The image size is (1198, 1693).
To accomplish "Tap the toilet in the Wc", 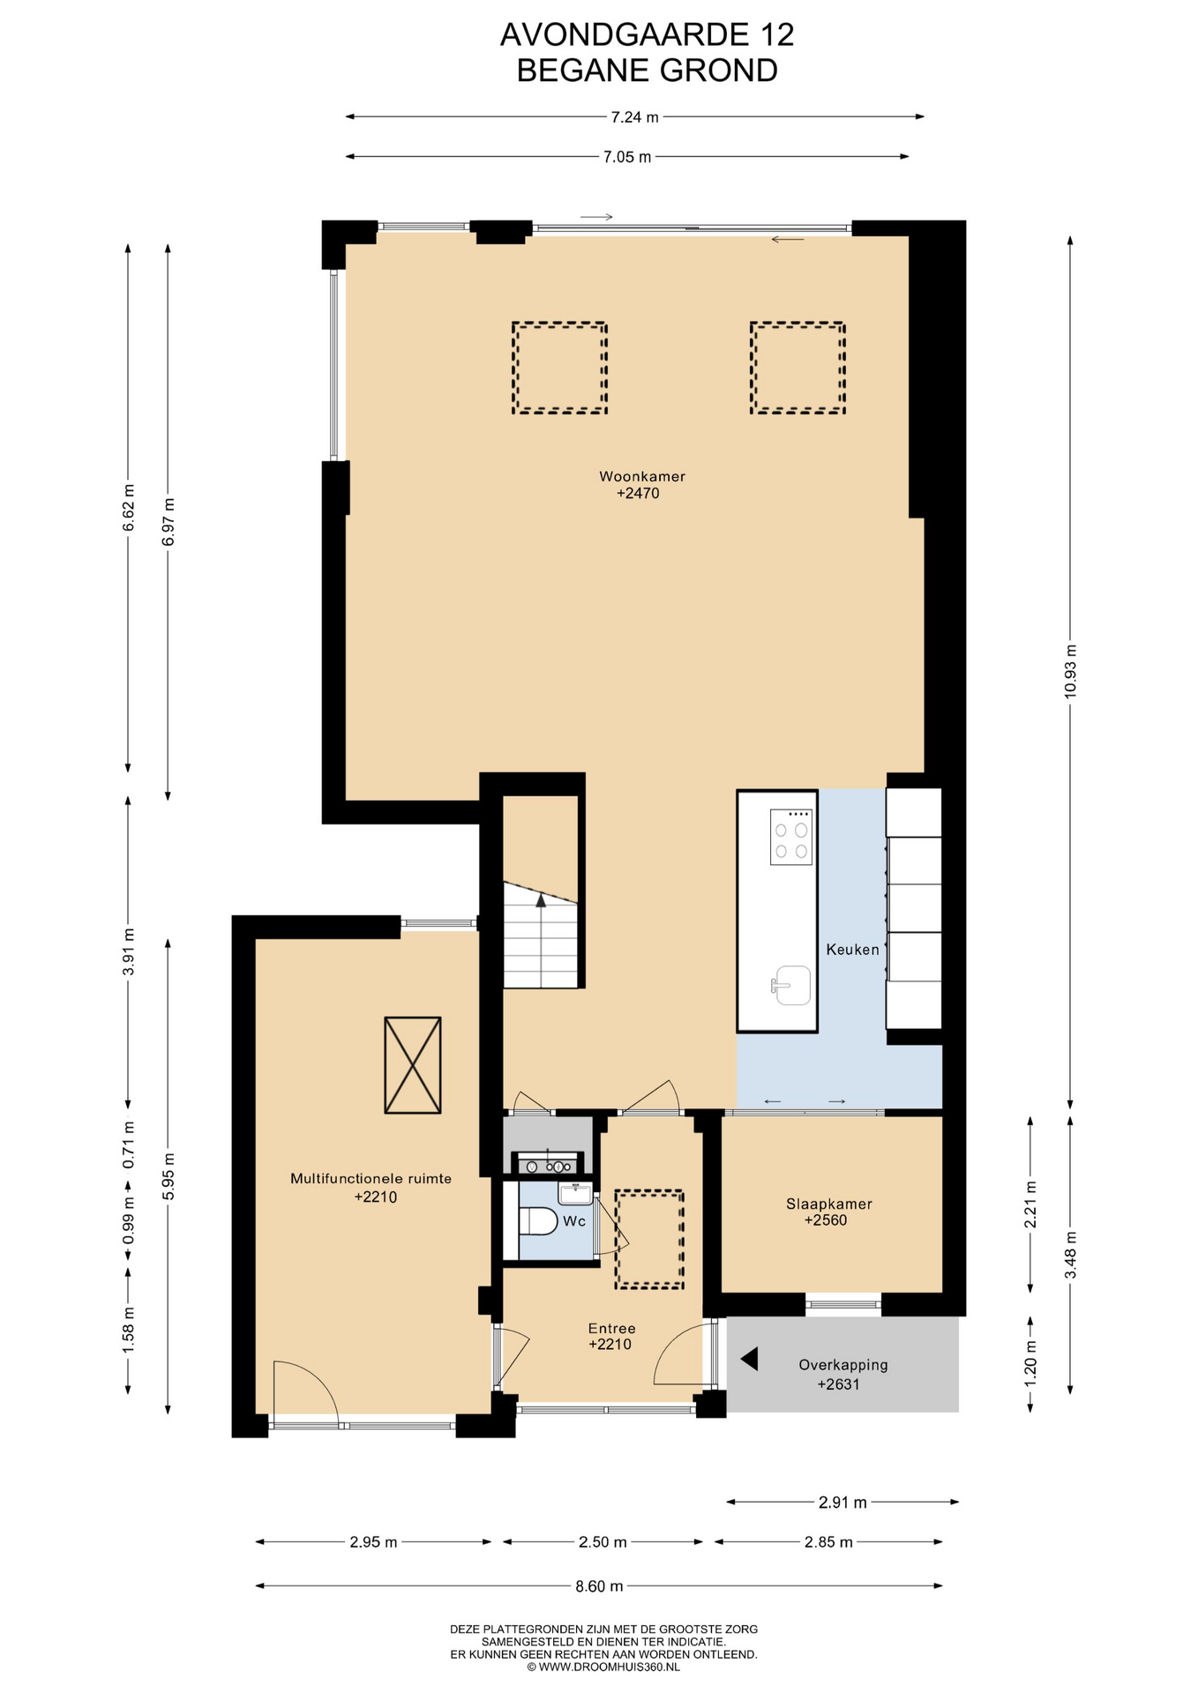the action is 538,1221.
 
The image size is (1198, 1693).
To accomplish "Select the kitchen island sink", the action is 791,985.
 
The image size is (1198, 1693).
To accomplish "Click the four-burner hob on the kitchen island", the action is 791,837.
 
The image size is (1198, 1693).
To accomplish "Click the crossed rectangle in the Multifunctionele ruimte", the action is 413,1065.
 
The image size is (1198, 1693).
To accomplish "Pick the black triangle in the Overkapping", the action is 750,1359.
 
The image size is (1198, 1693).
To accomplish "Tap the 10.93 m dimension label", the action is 1070,671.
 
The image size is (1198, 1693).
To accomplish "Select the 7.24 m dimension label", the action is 635,116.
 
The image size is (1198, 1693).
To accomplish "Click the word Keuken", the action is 853,950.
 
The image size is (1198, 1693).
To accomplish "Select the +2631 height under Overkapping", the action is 838,1383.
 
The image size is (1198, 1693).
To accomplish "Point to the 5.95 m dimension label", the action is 168,1176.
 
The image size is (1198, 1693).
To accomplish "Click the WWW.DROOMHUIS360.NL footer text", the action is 610,1667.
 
